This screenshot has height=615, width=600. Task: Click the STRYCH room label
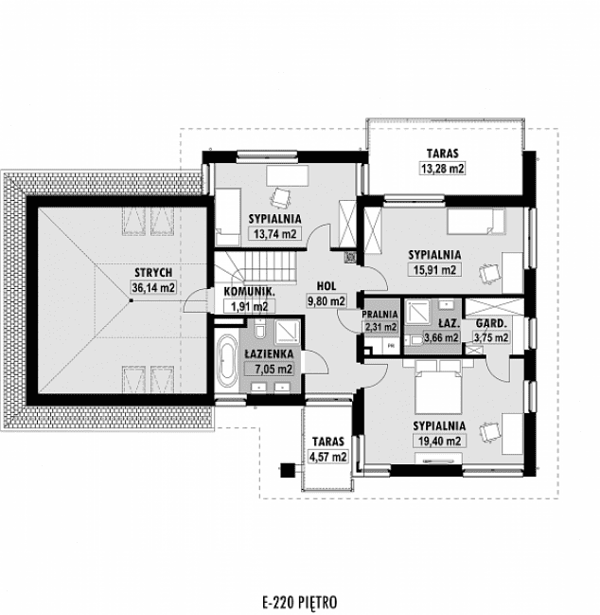(153, 273)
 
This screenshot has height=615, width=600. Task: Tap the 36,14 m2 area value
(153, 287)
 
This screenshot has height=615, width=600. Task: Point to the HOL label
(327, 284)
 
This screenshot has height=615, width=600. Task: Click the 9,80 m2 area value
(327, 301)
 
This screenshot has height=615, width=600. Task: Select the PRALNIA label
(380, 314)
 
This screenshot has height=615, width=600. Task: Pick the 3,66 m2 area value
(441, 336)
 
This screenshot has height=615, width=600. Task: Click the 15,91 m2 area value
(435, 269)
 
